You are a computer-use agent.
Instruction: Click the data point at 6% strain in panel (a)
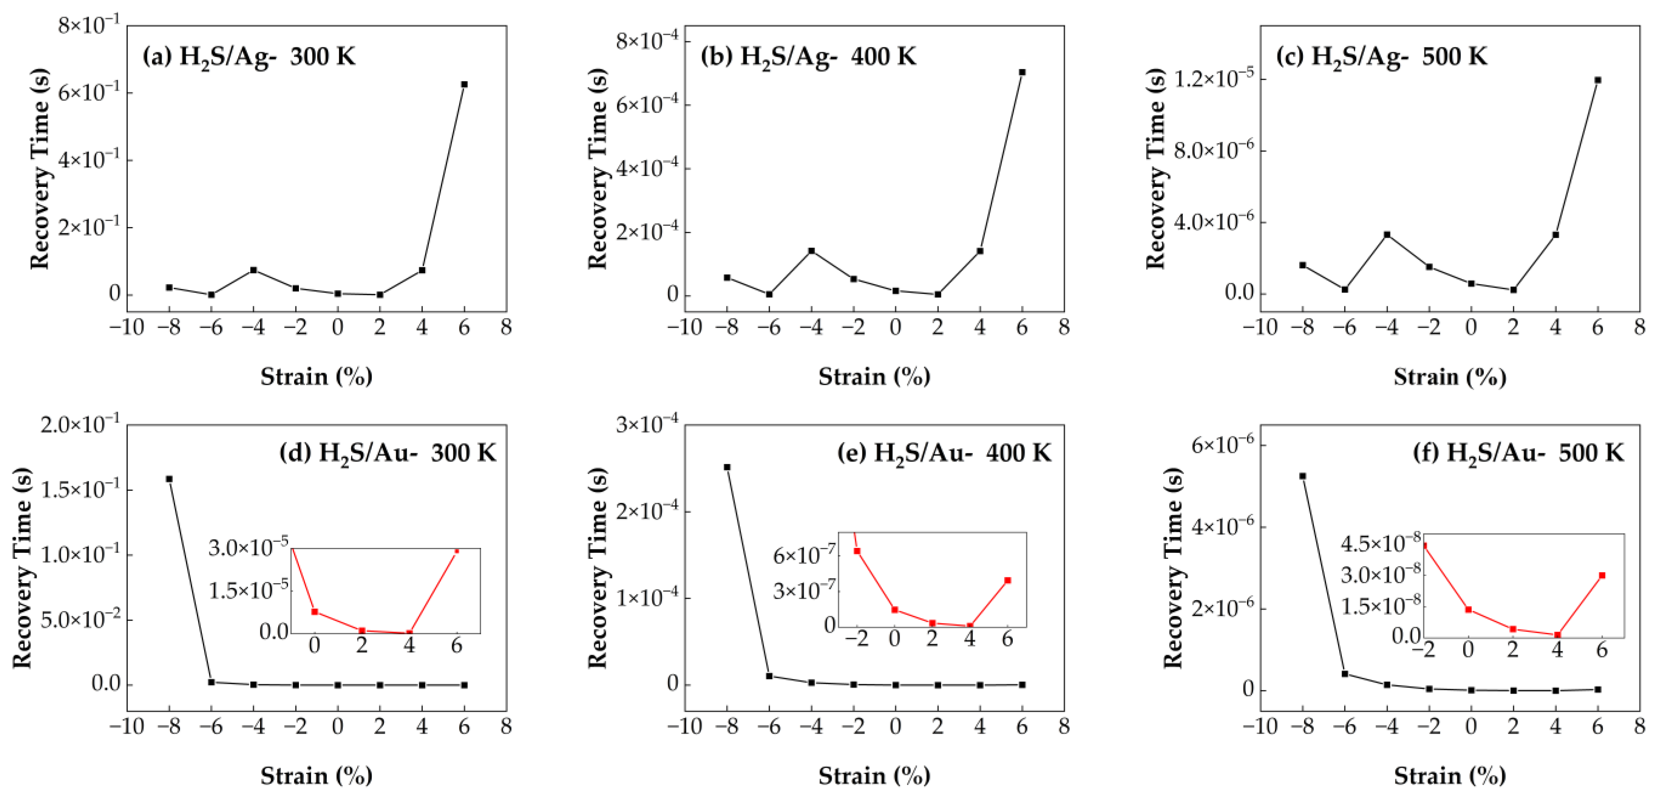tap(464, 85)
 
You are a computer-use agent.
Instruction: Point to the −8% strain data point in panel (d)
tap(169, 479)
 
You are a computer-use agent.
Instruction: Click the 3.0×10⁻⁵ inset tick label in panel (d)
tap(248, 548)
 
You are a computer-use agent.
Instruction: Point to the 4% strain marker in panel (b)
tap(980, 250)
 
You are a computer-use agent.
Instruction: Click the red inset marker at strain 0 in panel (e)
tap(895, 610)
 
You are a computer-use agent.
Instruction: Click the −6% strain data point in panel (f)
tap(1345, 674)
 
